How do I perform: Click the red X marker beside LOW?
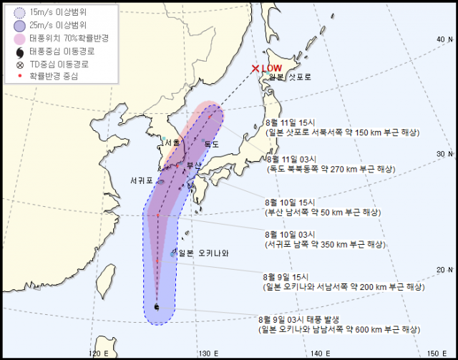point(255,69)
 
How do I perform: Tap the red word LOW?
point(273,69)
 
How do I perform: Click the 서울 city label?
point(172,142)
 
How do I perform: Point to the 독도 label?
point(212,144)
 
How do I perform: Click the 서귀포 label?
point(142,180)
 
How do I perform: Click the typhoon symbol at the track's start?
point(157,307)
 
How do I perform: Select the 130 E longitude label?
point(207,353)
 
